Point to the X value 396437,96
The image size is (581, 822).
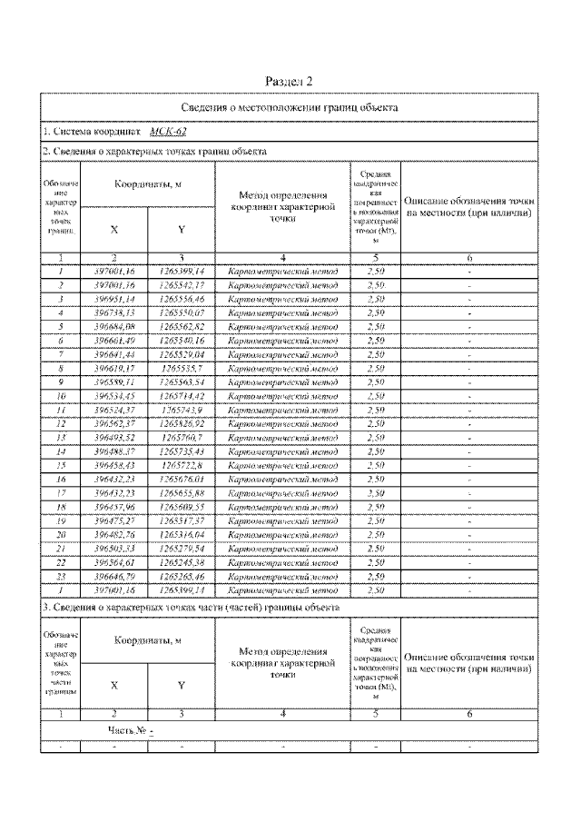coord(114,506)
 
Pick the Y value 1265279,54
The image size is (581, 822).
coord(182,549)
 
